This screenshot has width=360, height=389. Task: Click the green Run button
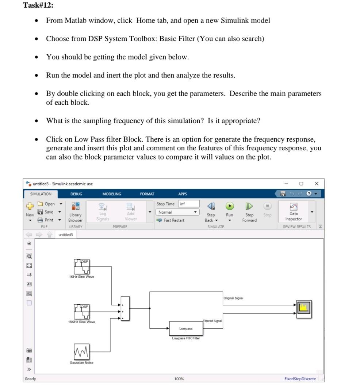pos(229,205)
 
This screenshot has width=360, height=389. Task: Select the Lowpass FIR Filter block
pos(186,328)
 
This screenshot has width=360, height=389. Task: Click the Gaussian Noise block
pos(82,352)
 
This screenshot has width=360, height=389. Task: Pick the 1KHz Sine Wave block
pos(82,266)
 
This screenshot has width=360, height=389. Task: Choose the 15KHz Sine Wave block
pos(82,311)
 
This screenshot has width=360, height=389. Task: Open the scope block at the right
pos(303,309)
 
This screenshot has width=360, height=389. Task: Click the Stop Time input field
pos(188,204)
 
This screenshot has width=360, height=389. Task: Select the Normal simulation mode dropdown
pos(178,212)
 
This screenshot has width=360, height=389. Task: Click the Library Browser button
pos(76,212)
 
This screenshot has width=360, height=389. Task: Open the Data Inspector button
pos(294,212)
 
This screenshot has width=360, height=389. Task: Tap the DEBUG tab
pos(76,194)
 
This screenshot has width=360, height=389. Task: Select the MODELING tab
pos(112,194)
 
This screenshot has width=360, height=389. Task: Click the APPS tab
pos(183,194)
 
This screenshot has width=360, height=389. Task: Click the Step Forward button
pos(249,212)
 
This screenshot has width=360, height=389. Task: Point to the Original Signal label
pos(234,298)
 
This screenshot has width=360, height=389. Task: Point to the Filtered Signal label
pos(212,321)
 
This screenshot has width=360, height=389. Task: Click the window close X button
pos(317,184)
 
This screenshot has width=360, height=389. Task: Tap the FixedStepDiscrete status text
pos(300,379)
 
